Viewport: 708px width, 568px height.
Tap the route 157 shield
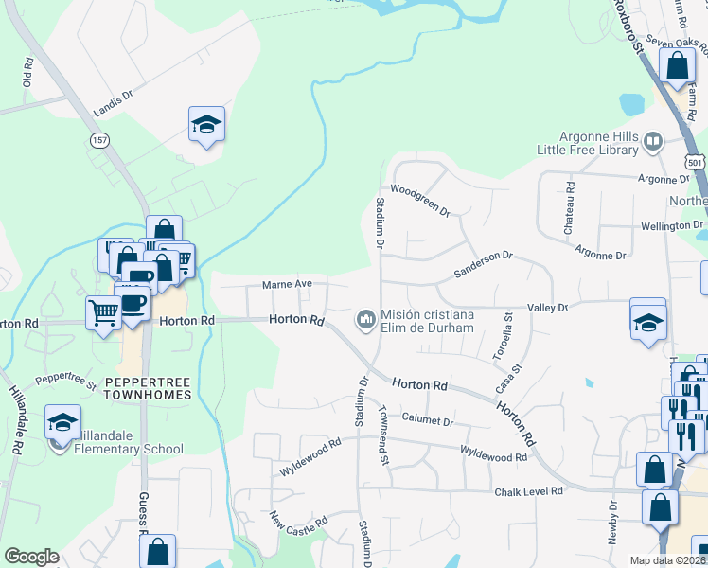tap(98, 139)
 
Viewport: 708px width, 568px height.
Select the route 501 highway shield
tap(696, 162)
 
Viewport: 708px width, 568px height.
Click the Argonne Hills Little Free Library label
tap(588, 143)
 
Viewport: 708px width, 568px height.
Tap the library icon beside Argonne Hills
tap(652, 143)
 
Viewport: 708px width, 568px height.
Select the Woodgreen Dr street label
tap(419, 200)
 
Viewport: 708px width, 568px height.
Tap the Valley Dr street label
tap(548, 307)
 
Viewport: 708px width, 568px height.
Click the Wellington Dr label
tap(650, 226)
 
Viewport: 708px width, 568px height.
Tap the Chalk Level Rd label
tap(528, 491)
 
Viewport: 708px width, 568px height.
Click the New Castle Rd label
tap(299, 520)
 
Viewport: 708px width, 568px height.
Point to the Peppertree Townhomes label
tap(147, 387)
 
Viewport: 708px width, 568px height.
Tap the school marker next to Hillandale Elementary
tap(63, 423)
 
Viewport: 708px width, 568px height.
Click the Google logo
tap(31, 557)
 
